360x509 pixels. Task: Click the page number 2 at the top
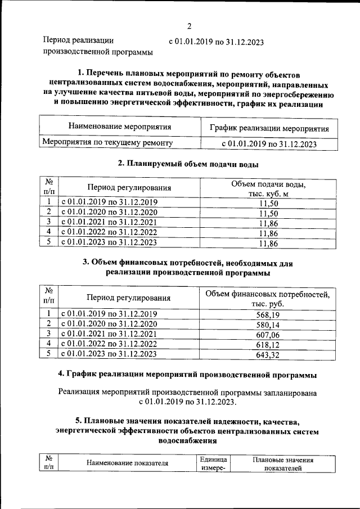(190, 26)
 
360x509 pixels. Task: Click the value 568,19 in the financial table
(268, 314)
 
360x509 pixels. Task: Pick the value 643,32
(268, 354)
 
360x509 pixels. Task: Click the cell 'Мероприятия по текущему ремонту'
(107, 143)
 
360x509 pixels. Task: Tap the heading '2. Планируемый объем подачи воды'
(188, 164)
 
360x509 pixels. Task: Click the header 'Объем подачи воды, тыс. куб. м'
(268, 189)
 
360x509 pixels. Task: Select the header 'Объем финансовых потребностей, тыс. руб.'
(268, 298)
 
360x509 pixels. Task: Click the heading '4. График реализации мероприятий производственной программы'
(187, 375)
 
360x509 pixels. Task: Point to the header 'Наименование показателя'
(128, 463)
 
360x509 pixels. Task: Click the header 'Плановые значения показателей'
(283, 463)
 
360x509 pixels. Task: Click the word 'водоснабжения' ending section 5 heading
(187, 442)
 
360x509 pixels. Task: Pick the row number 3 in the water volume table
(49, 222)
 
